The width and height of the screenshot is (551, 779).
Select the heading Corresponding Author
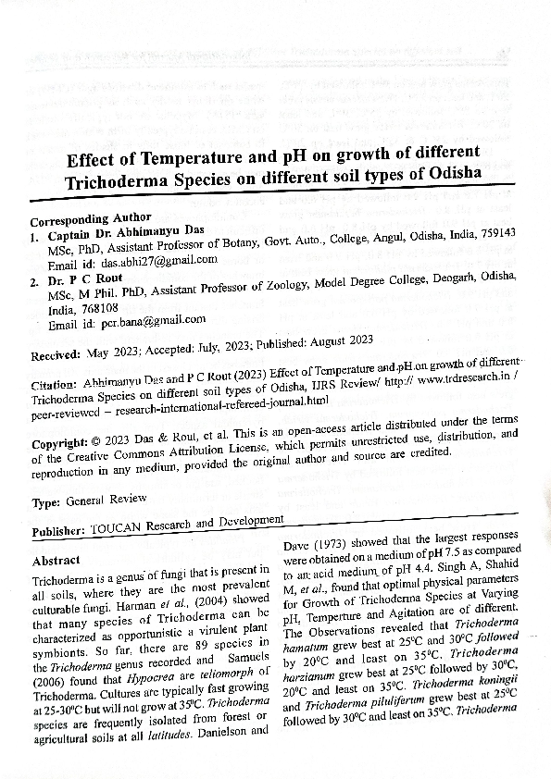(x=91, y=221)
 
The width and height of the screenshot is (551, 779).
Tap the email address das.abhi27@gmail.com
(x=158, y=262)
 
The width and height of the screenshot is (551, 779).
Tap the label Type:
(x=46, y=501)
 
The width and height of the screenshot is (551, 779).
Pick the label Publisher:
(x=59, y=534)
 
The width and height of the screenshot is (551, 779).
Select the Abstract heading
(x=56, y=562)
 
